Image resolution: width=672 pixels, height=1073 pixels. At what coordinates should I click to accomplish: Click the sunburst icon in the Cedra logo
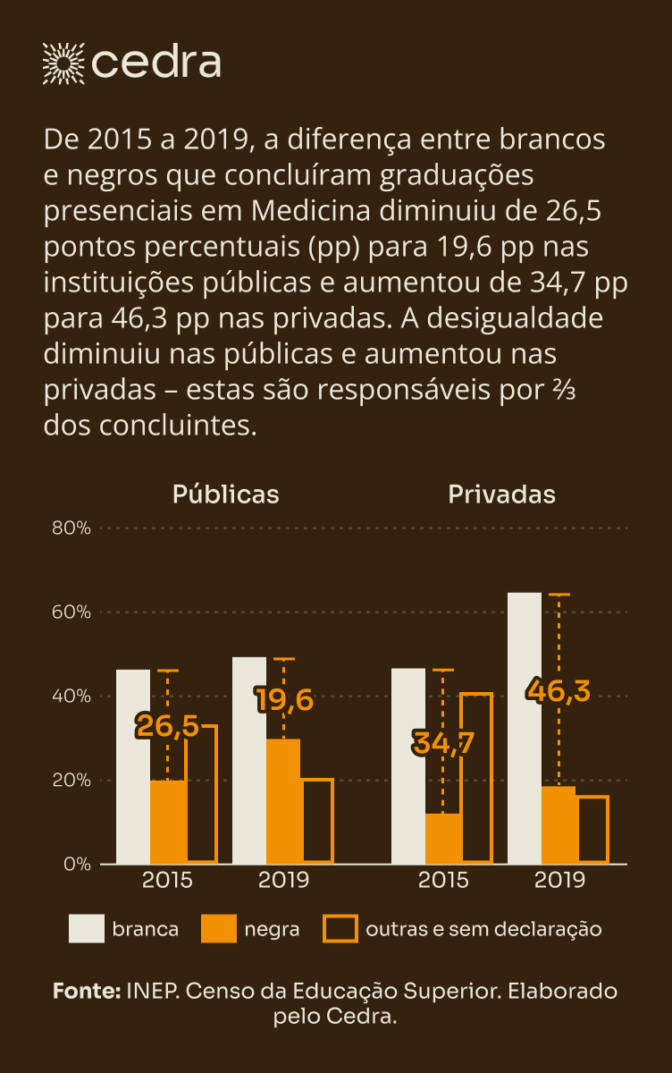pyautogui.click(x=63, y=62)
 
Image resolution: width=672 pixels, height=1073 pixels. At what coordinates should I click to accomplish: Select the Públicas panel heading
pyautogui.click(x=225, y=494)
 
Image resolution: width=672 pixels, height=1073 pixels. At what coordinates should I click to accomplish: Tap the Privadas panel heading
pyautogui.click(x=501, y=494)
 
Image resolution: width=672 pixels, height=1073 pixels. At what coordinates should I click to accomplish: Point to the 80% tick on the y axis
pyautogui.click(x=71, y=528)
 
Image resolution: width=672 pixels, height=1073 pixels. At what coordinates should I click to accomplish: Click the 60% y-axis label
pyautogui.click(x=71, y=612)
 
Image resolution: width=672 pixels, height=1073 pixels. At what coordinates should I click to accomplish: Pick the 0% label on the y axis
pyautogui.click(x=78, y=864)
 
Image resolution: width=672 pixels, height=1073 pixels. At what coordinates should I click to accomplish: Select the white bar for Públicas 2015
pyautogui.click(x=133, y=766)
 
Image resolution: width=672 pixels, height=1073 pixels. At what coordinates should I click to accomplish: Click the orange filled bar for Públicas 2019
pyautogui.click(x=283, y=801)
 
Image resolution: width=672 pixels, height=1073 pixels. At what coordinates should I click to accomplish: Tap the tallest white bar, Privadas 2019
pyautogui.click(x=525, y=728)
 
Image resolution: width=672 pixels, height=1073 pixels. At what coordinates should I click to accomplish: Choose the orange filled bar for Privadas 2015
pyautogui.click(x=444, y=839)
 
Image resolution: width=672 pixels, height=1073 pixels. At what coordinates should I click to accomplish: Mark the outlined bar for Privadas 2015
pyautogui.click(x=476, y=778)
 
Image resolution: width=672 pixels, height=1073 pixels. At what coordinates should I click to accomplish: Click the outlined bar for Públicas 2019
pyautogui.click(x=317, y=821)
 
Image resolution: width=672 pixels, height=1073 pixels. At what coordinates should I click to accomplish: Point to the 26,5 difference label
pyautogui.click(x=167, y=726)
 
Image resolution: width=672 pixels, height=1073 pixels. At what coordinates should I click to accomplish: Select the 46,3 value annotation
pyautogui.click(x=559, y=690)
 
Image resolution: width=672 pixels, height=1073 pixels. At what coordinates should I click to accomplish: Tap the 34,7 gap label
pyautogui.click(x=442, y=742)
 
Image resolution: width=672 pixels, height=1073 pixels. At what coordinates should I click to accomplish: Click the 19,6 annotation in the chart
pyautogui.click(x=284, y=699)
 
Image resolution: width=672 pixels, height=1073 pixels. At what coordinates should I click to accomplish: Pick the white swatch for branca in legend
pyautogui.click(x=87, y=929)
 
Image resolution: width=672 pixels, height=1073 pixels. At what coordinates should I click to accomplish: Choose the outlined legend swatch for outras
pyautogui.click(x=340, y=929)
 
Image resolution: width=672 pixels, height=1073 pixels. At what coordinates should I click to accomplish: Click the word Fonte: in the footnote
pyautogui.click(x=86, y=991)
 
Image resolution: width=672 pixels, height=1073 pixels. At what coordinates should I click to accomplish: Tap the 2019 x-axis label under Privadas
pyautogui.click(x=559, y=880)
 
